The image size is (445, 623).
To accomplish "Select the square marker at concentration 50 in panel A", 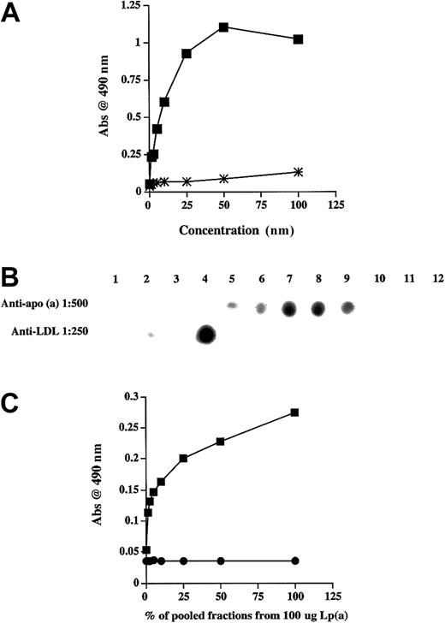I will [223, 27].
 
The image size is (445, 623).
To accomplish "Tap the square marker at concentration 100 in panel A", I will [298, 39].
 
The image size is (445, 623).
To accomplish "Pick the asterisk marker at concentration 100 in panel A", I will [298, 172].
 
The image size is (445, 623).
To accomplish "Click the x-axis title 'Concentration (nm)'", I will [223, 231].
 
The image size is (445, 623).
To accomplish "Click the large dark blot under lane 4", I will [205, 335].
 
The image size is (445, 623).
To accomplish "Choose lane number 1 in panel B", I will [117, 279].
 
